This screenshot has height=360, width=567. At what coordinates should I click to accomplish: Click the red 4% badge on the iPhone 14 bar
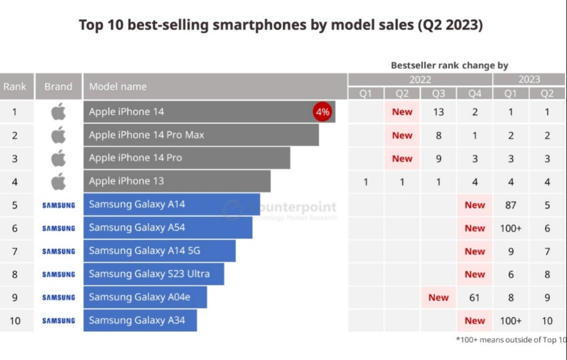322,112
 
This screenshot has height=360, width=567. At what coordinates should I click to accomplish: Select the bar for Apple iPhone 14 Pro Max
201,135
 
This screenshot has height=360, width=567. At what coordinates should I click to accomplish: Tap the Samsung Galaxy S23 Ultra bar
153,274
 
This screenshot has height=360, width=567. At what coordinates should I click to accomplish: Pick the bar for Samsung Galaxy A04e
145,297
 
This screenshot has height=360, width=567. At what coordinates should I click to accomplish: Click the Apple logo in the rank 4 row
59,181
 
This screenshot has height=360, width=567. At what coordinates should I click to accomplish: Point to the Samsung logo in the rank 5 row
59,205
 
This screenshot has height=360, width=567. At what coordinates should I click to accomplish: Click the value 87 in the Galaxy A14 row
511,205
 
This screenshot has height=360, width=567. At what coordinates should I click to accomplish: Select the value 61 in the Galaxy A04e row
475,297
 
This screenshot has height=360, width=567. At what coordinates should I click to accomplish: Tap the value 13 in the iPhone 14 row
438,112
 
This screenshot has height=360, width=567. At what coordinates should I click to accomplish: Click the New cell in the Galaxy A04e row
438,297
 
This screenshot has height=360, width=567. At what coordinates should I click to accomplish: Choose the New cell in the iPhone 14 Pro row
402,158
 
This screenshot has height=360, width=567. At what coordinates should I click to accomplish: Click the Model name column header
118,87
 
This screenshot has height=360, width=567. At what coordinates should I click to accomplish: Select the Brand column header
59,87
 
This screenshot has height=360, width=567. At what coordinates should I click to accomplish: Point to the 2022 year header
420,80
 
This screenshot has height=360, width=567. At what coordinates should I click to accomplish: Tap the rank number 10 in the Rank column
15,320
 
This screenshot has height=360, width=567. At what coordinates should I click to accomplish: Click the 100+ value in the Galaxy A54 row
511,228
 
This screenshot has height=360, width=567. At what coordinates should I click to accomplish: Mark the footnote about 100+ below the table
511,340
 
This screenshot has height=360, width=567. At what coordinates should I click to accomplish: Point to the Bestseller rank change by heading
449,65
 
